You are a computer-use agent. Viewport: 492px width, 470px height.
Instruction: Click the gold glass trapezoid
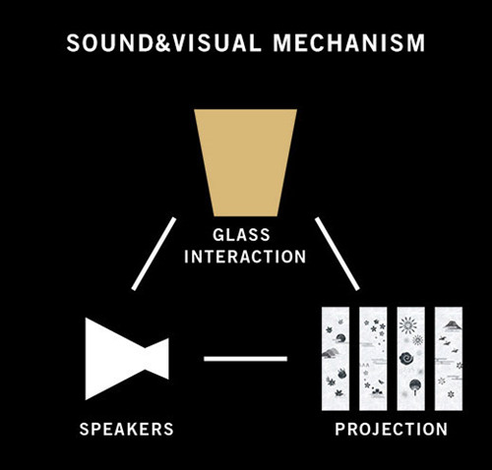pyautogui.click(x=245, y=162)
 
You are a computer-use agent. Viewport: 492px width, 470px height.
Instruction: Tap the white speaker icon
pyautogui.click(x=126, y=359)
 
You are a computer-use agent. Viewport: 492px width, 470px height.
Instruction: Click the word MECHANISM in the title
pyautogui.click(x=349, y=43)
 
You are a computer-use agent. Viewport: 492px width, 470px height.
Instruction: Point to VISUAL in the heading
pyautogui.click(x=216, y=43)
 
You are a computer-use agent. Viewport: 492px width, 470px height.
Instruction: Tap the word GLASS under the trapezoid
pyautogui.click(x=241, y=235)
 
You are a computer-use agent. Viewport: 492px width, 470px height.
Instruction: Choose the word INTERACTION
pyautogui.click(x=245, y=257)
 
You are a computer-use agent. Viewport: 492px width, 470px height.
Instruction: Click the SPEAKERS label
pyautogui.click(x=127, y=429)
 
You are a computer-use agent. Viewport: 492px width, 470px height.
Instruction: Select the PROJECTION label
pyautogui.click(x=392, y=429)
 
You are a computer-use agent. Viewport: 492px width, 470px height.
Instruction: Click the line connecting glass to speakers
pyautogui.click(x=154, y=254)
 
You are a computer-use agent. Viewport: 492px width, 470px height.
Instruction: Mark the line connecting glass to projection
pyautogui.click(x=338, y=254)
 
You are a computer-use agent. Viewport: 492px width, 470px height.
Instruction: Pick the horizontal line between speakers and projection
pyautogui.click(x=245, y=359)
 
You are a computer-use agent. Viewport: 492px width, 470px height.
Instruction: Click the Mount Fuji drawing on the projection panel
pyautogui.click(x=452, y=325)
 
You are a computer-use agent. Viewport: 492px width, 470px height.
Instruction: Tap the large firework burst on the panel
pyautogui.click(x=408, y=325)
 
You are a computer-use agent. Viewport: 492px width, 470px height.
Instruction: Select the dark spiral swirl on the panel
pyautogui.click(x=407, y=358)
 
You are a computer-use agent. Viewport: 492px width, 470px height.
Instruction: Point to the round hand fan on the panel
pyautogui.click(x=415, y=386)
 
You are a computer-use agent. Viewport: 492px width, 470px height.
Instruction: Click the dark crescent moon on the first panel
pyautogui.click(x=340, y=338)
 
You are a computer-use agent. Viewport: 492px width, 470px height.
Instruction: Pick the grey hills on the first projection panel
pyautogui.click(x=330, y=353)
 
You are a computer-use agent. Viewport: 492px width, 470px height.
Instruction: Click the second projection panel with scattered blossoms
pyautogui.click(x=373, y=359)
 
